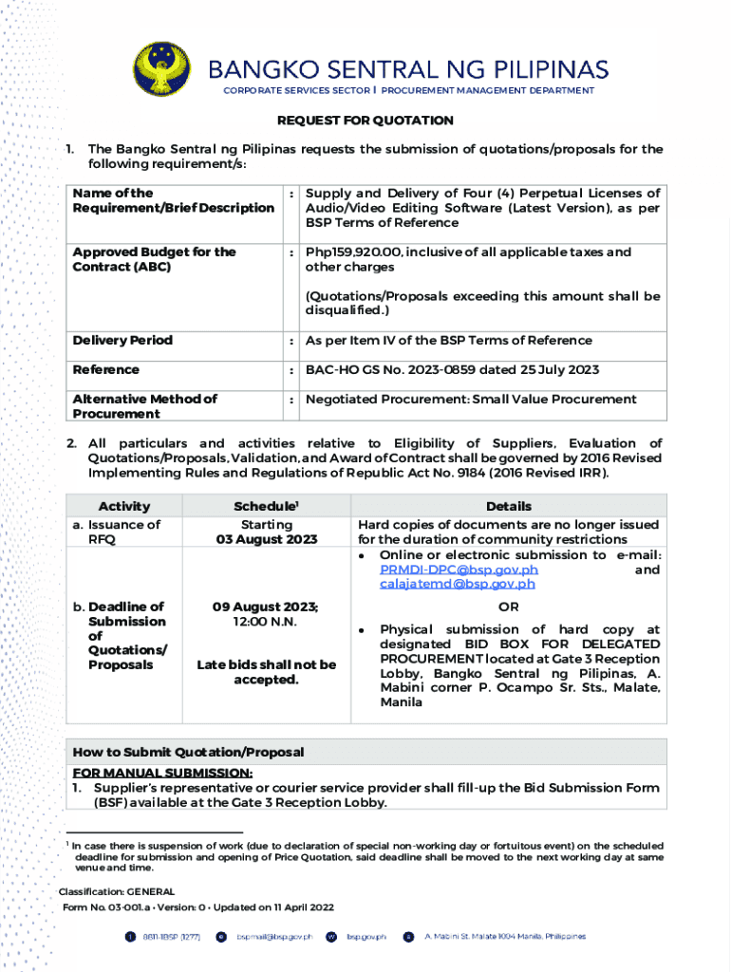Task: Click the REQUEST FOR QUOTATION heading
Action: click(x=365, y=121)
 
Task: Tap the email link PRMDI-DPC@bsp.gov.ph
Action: click(x=459, y=570)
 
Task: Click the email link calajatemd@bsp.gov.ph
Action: click(x=457, y=584)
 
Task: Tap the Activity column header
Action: click(x=123, y=506)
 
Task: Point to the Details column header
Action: click(x=508, y=506)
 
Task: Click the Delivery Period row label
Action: click(x=122, y=341)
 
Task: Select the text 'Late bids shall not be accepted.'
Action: click(x=266, y=672)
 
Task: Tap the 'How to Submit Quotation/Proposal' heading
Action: click(x=188, y=752)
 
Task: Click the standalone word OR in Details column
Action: click(x=508, y=607)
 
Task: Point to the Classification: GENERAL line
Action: click(x=117, y=892)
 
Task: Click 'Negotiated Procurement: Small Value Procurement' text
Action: click(x=471, y=400)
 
